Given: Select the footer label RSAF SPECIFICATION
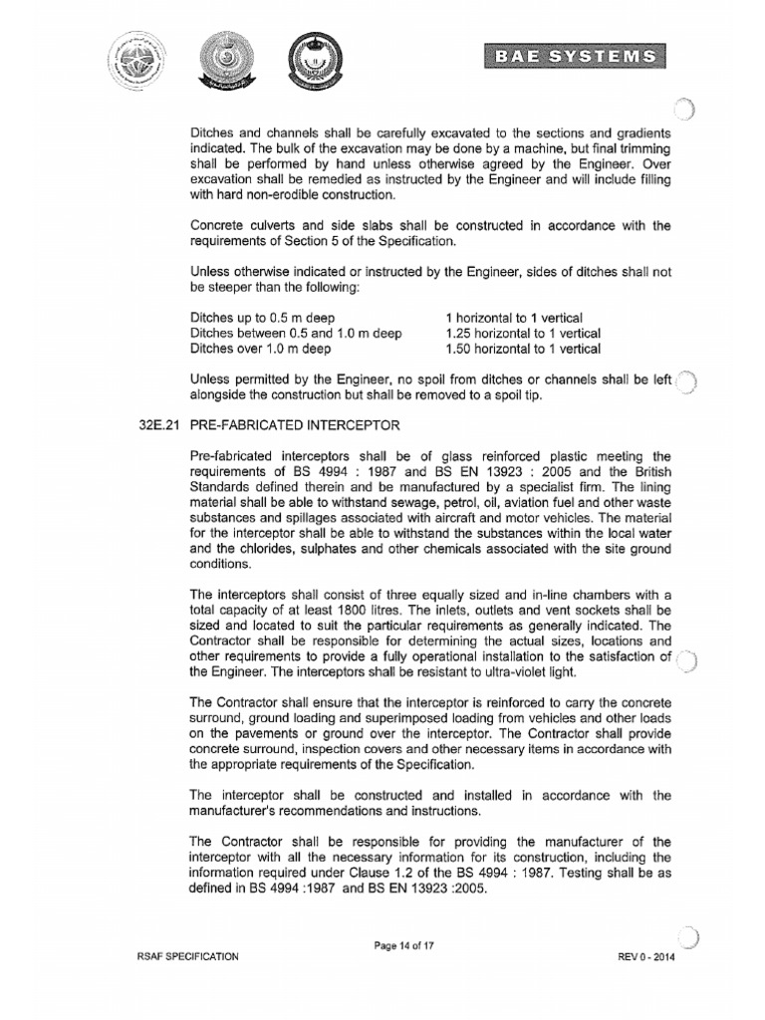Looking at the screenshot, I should click(x=189, y=956).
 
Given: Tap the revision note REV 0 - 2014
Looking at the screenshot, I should click(x=646, y=956).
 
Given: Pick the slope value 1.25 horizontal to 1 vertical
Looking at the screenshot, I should click(x=524, y=333).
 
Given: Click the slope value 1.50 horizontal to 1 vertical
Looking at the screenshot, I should click(x=524, y=349).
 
